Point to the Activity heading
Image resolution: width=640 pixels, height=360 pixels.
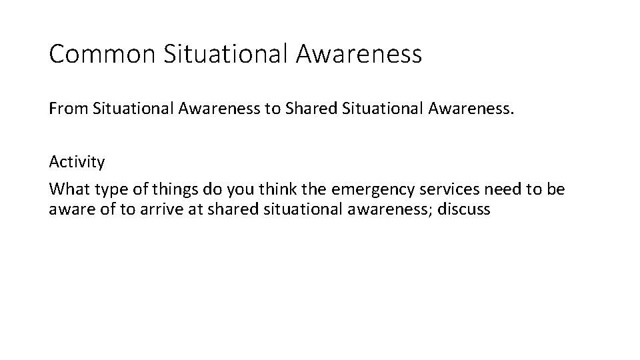click(x=77, y=162)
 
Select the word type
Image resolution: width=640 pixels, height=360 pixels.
click(x=106, y=189)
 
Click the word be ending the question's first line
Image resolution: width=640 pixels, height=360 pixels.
click(x=556, y=189)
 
